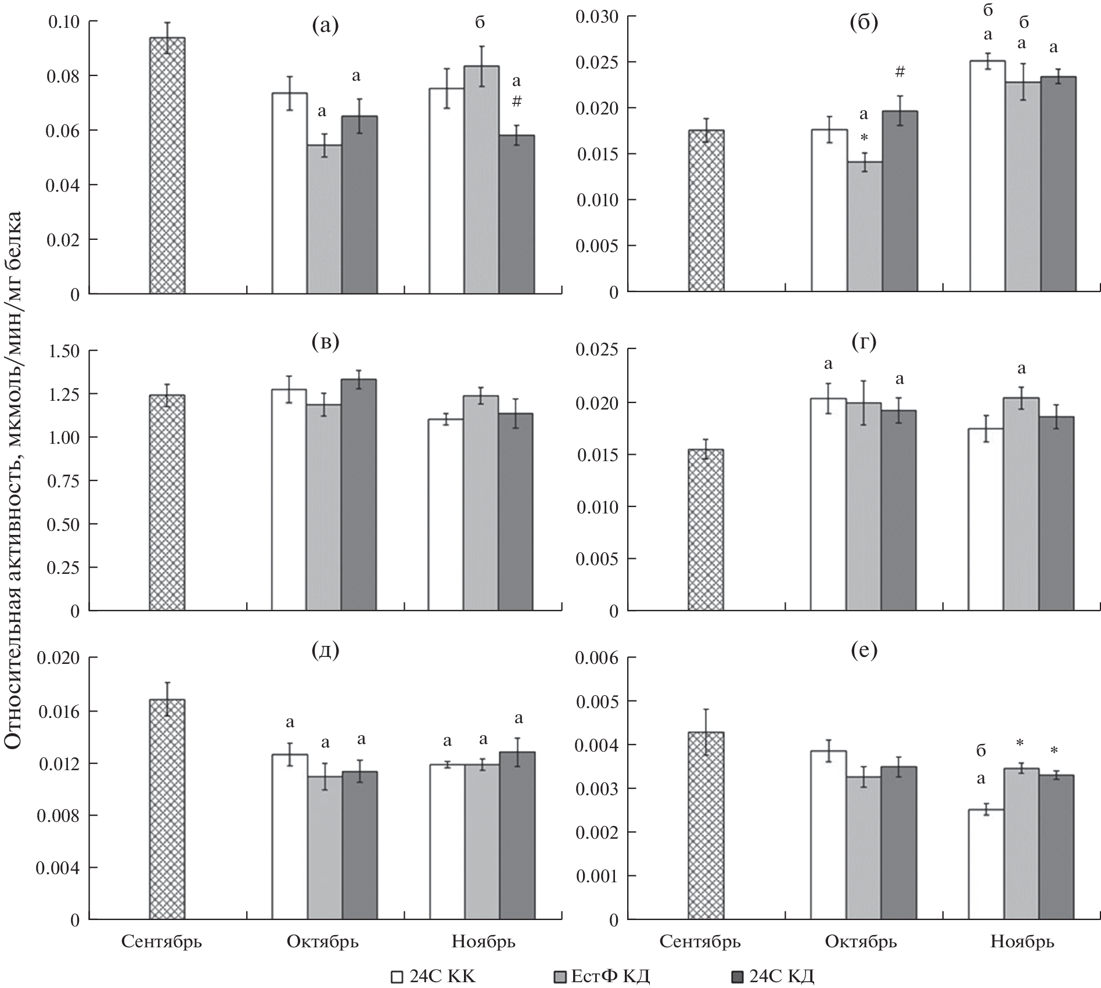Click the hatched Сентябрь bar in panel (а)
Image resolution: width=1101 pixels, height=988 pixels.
(x=167, y=166)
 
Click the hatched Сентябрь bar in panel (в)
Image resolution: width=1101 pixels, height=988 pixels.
(x=167, y=503)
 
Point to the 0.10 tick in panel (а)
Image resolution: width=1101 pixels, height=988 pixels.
(x=64, y=22)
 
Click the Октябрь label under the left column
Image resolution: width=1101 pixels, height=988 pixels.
(x=323, y=942)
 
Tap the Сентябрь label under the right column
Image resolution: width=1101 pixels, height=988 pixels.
(x=700, y=942)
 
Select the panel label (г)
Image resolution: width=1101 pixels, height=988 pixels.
(x=864, y=342)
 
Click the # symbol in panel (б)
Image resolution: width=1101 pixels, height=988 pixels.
(x=900, y=72)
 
